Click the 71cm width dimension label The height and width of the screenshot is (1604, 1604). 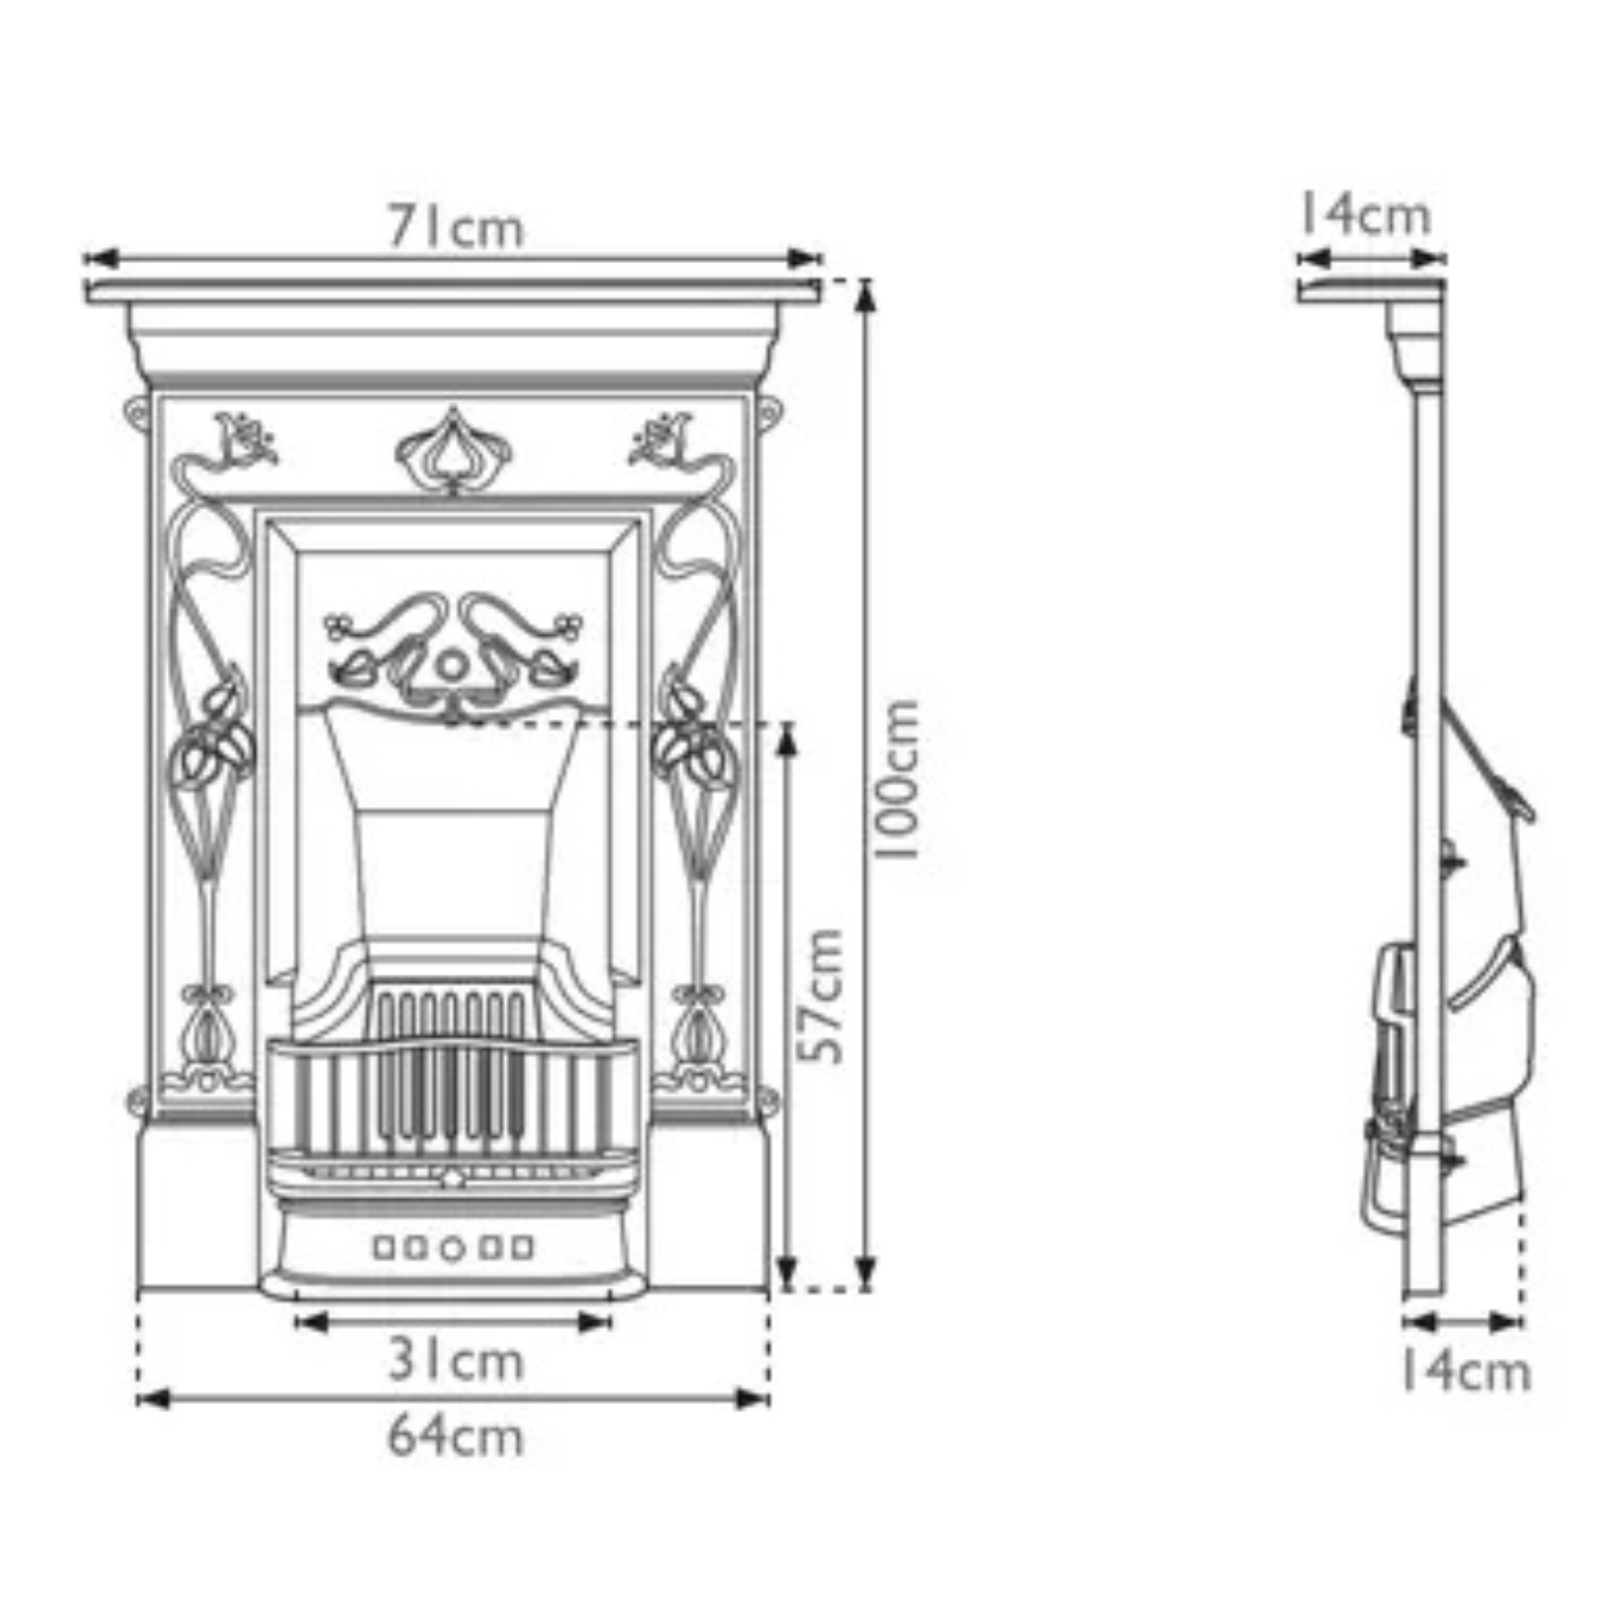click(456, 227)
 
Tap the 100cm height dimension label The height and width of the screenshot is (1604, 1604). click(898, 779)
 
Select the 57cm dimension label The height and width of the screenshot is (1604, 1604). click(820, 996)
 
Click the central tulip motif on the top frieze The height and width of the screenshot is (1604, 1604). click(453, 453)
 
